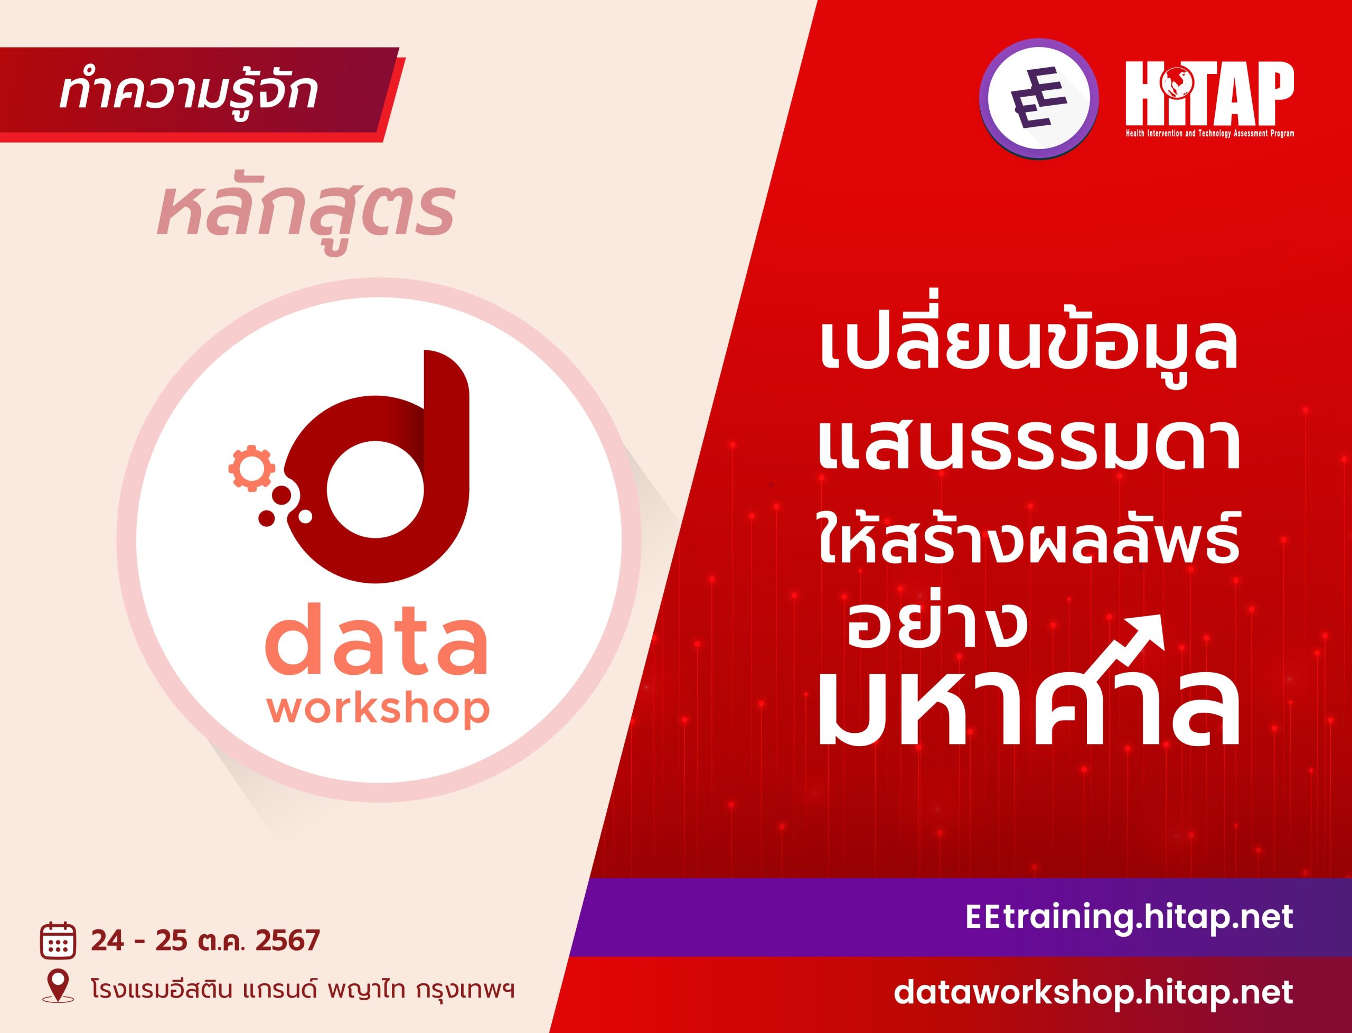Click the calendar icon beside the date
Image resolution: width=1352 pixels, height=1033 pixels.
(x=59, y=958)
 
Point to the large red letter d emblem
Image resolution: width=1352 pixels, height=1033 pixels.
(x=375, y=467)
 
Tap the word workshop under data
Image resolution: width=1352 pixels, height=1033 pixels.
(x=378, y=709)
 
